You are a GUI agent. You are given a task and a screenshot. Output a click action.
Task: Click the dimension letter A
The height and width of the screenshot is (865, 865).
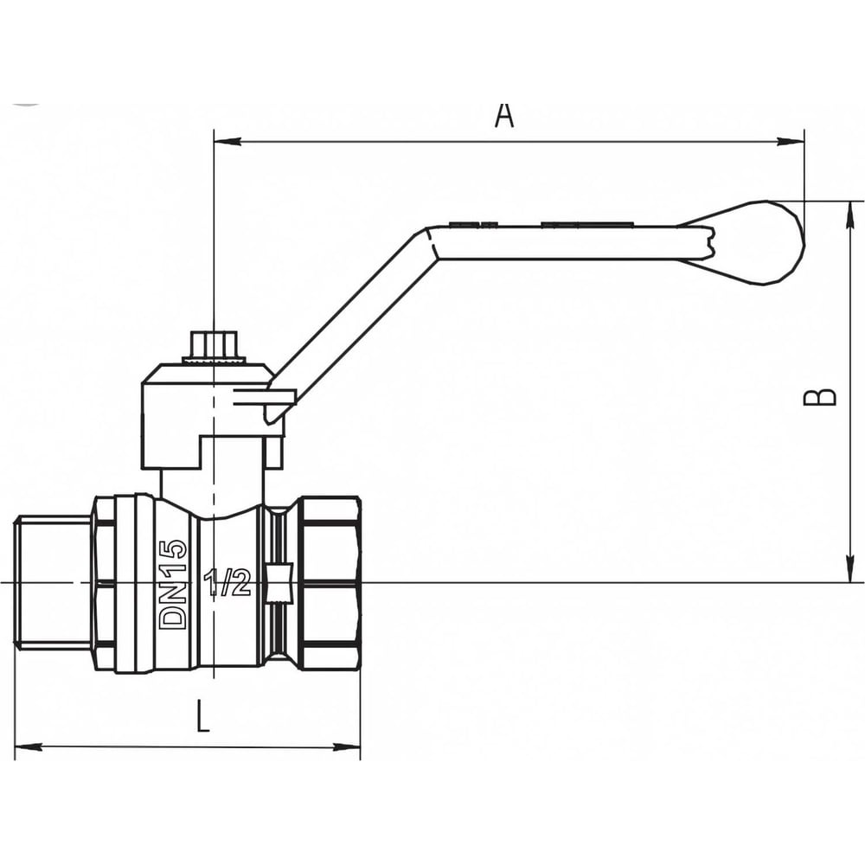point(504,115)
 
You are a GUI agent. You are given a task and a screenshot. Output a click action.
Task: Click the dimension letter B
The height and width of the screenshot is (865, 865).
point(822,395)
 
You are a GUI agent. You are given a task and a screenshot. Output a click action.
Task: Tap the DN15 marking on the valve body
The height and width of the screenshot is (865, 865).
point(174,583)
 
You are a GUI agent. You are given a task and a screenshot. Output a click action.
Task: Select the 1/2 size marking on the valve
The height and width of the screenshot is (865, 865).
point(227,584)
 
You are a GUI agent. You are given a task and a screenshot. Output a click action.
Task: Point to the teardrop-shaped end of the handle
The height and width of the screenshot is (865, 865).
point(757,242)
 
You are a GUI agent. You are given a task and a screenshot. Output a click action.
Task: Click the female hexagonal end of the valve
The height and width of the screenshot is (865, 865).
point(329,582)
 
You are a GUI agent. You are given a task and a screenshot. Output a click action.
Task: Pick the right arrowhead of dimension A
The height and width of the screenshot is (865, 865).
point(792,141)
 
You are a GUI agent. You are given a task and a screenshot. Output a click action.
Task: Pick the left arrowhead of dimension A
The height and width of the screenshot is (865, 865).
point(226,141)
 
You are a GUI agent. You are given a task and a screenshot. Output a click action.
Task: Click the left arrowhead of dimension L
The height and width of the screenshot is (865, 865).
point(27,746)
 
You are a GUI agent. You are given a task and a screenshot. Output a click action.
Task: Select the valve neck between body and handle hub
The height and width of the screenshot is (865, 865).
point(213,484)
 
